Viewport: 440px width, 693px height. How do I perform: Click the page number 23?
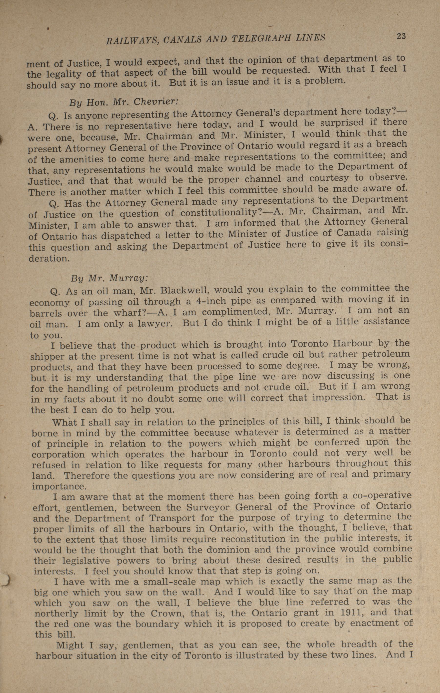(401, 37)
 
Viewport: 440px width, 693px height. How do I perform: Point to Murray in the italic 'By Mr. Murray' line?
(129, 278)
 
